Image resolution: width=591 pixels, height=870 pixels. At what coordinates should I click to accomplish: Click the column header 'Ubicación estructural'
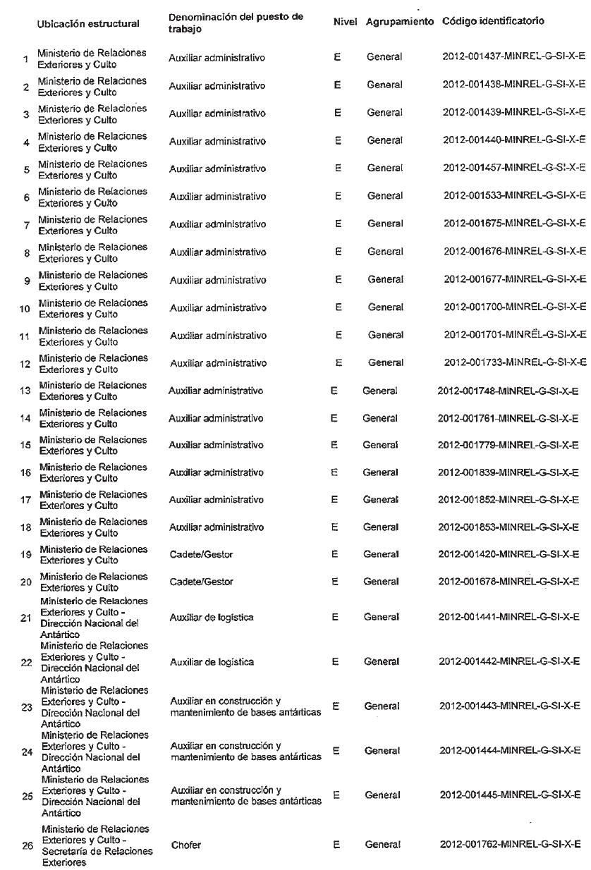coord(88,24)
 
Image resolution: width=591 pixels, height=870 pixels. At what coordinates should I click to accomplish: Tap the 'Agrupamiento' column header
coord(400,22)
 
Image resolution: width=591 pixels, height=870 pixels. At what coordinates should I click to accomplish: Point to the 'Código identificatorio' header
coord(493,21)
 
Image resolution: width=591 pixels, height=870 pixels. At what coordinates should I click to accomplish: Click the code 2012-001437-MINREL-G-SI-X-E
coord(514,57)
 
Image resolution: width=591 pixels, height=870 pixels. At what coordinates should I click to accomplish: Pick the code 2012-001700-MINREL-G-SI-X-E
coord(514,307)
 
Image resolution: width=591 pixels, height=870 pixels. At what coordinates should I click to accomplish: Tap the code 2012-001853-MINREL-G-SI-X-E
coord(508,527)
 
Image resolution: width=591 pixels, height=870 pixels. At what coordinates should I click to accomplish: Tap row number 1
coord(25,59)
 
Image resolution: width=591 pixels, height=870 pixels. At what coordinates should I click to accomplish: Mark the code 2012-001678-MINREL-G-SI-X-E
coord(508,582)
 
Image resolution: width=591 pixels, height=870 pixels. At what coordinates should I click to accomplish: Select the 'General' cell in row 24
coord(382,751)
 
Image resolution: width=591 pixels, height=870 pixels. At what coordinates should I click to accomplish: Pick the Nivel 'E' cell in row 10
coord(339,307)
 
